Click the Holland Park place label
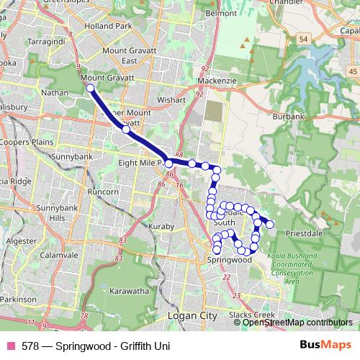(107, 26)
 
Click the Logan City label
(192, 315)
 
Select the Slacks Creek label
(251, 315)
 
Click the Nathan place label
(55, 92)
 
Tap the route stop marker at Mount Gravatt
(90, 88)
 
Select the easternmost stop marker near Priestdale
(270, 225)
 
